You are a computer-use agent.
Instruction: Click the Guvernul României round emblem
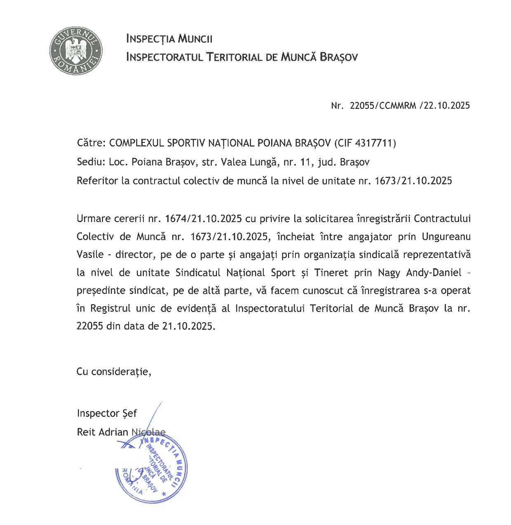click(x=76, y=51)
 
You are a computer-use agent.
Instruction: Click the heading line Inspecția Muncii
click(x=169, y=39)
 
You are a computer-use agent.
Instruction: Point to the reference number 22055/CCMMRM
click(x=383, y=106)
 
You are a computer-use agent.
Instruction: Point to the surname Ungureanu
click(x=446, y=237)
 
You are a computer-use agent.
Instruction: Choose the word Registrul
click(x=110, y=308)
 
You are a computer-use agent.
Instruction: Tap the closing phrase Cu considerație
click(x=114, y=371)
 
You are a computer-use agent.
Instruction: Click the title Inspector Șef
click(x=107, y=413)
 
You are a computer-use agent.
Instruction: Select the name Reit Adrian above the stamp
click(x=103, y=432)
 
